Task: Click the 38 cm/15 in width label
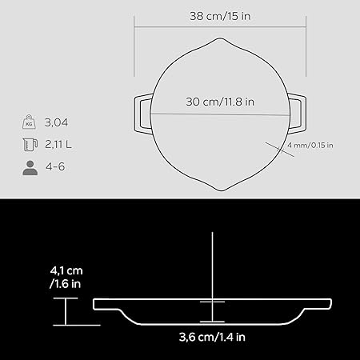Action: point(220,16)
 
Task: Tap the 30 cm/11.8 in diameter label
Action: point(220,102)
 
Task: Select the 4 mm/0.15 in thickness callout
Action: point(310,146)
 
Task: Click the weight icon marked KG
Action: point(30,122)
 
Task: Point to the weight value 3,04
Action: point(56,122)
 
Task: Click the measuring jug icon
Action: point(30,145)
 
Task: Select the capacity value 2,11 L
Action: point(58,145)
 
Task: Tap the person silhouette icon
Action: point(30,168)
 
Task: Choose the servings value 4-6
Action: point(55,167)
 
